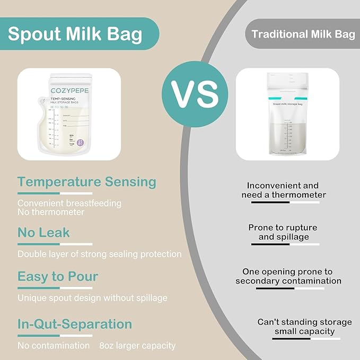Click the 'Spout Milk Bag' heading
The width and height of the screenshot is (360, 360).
coord(75,34)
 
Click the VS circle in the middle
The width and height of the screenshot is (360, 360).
coord(195,94)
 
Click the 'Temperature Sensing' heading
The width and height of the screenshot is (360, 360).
coord(87,182)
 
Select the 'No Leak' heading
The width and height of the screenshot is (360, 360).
coord(43,232)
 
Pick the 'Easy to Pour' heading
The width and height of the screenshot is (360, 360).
coord(58,276)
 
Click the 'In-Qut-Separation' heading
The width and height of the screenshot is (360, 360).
coord(75,323)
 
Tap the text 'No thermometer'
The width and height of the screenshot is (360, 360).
coord(51,212)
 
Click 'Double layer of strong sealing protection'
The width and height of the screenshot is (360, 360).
coord(100,254)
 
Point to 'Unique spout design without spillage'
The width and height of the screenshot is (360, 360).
coord(92,298)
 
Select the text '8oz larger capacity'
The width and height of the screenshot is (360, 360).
coord(137,346)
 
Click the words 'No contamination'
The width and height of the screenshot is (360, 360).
coord(54,346)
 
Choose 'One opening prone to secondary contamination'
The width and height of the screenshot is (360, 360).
coord(288,276)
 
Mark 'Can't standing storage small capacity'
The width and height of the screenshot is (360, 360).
coord(304,327)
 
